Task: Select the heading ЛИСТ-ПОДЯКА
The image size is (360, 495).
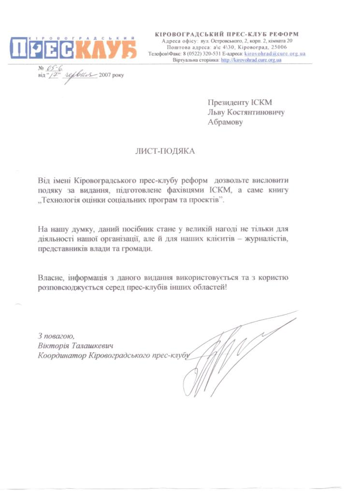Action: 165,151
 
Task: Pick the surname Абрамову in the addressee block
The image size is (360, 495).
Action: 225,122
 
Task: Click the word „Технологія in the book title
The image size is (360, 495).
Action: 60,200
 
